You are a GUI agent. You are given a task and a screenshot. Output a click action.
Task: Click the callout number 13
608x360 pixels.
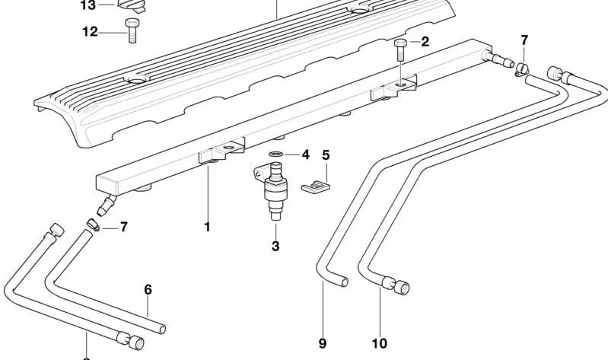tap(88, 6)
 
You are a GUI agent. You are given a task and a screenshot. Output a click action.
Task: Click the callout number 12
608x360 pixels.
tap(90, 32)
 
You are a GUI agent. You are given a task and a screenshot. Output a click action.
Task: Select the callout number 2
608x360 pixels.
tap(425, 42)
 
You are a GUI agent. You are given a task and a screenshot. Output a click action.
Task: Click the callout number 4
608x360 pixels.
tap(305, 155)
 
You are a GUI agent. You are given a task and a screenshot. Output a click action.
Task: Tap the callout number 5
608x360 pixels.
tap(326, 156)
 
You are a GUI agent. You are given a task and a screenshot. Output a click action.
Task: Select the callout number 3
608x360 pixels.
tap(275, 246)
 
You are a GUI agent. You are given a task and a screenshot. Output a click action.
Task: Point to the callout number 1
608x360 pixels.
tap(206, 227)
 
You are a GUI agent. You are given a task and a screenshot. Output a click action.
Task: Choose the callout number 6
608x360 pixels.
tap(148, 289)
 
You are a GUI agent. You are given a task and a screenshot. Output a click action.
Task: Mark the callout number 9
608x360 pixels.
tap(322, 344)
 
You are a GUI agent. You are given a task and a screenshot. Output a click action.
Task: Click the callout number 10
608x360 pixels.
tap(379, 344)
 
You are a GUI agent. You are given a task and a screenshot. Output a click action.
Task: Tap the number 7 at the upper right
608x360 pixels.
tap(524, 40)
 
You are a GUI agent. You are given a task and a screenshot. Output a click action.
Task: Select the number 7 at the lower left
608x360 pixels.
tap(123, 227)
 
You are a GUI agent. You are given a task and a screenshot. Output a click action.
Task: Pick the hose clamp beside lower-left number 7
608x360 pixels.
tap(91, 225)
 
